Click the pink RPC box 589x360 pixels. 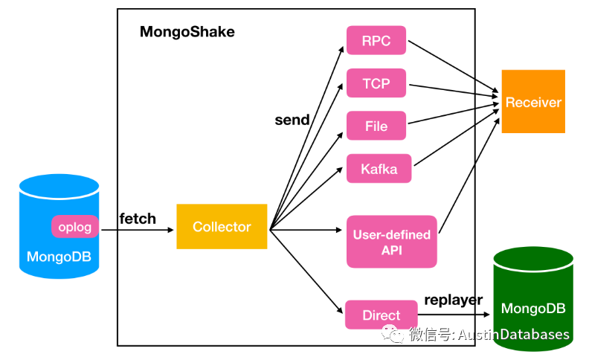click(376, 40)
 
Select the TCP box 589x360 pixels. click(376, 83)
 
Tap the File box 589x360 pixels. click(376, 126)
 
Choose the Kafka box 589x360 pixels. click(379, 169)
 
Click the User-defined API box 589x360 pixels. click(391, 242)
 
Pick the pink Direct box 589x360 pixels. click(381, 315)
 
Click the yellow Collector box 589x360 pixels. click(222, 226)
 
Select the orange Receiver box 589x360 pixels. click(533, 102)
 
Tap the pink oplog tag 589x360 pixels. click(75, 226)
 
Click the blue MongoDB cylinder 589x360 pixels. click(59, 253)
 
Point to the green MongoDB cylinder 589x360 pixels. click(533, 298)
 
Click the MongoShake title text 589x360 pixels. click(187, 32)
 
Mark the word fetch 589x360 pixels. click(138, 218)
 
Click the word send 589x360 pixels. click(292, 120)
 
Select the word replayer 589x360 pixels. click(453, 300)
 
